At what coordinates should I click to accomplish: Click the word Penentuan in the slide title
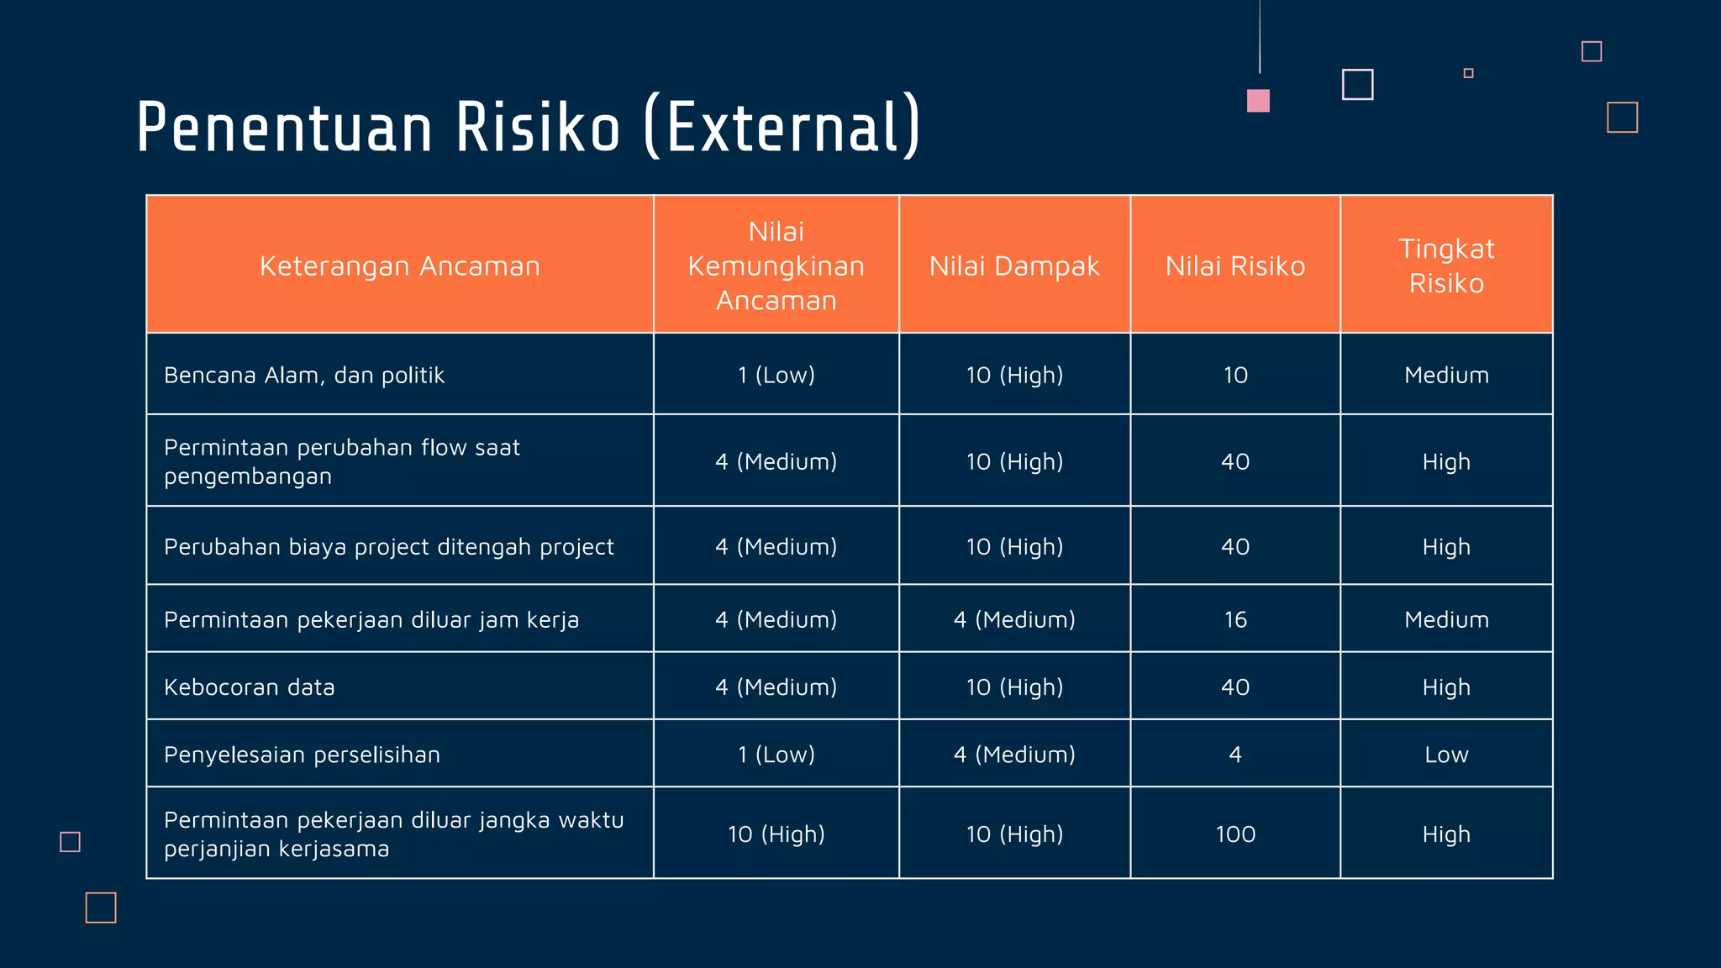[x=284, y=128]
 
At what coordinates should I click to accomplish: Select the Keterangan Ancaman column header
[x=399, y=266]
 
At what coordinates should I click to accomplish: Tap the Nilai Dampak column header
[x=1014, y=266]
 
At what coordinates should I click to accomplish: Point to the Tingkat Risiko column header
[x=1446, y=266]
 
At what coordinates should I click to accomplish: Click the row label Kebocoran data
[x=250, y=687]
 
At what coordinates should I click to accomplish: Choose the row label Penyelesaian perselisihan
[x=302, y=755]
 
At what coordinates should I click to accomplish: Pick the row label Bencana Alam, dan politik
[x=304, y=375]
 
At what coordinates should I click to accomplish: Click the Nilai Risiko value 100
[x=1235, y=834]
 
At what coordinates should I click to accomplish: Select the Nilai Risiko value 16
[x=1235, y=620]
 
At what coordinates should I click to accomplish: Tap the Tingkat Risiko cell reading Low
[x=1446, y=755]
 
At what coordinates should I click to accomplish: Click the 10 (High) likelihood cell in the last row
[x=776, y=834]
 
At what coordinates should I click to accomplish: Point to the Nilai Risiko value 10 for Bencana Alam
[x=1235, y=375]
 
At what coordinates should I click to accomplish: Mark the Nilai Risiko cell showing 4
[x=1235, y=755]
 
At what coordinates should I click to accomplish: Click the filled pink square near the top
[x=1258, y=101]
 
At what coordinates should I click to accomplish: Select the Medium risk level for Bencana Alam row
[x=1446, y=375]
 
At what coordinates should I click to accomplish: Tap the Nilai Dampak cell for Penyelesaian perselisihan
[x=1014, y=755]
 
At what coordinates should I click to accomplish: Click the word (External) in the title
[x=782, y=128]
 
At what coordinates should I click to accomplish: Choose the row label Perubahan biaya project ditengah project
[x=389, y=547]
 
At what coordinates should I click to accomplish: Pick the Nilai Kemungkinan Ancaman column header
[x=776, y=266]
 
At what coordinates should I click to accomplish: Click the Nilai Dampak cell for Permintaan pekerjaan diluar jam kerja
[x=1014, y=620]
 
